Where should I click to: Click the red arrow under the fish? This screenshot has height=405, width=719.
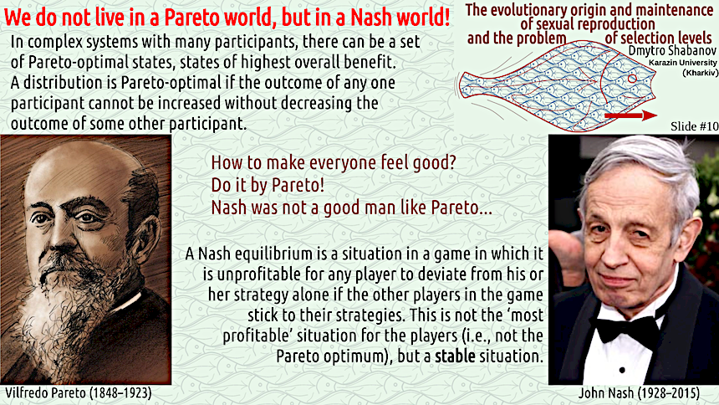click(x=631, y=115)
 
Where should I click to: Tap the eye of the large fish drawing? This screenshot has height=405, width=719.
click(x=632, y=79)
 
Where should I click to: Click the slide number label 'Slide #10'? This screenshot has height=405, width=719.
click(x=694, y=126)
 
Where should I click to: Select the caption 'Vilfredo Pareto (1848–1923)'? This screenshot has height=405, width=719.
click(x=79, y=393)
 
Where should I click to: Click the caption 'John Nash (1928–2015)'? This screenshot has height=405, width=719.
click(x=639, y=393)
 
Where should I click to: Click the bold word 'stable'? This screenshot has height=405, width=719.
click(x=455, y=356)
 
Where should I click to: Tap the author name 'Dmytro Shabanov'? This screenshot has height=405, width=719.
click(x=672, y=50)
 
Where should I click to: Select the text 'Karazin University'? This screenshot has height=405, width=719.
click(x=683, y=63)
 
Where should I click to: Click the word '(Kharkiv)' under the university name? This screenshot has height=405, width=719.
click(x=701, y=73)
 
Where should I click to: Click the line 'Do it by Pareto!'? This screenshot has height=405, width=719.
click(x=268, y=185)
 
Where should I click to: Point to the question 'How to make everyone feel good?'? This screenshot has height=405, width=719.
click(x=334, y=162)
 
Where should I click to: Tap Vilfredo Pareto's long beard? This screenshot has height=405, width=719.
click(x=59, y=317)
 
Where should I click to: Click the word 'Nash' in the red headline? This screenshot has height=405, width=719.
click(x=371, y=18)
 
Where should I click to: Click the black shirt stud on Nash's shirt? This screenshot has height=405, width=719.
click(x=622, y=370)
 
